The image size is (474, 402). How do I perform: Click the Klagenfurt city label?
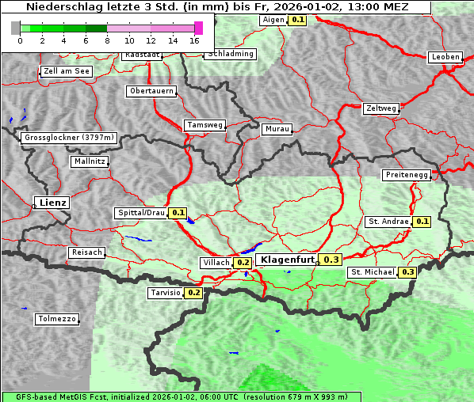(x=287, y=260)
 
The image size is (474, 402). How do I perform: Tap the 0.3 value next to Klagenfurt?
(x=331, y=260)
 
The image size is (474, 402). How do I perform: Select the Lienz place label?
(x=52, y=203)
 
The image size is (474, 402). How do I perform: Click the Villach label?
(x=216, y=262)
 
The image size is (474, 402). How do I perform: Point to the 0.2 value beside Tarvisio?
(x=193, y=293)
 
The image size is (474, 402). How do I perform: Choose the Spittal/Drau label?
(x=140, y=213)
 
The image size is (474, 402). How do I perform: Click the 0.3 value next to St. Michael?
(x=408, y=272)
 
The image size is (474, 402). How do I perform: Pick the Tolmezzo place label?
(x=57, y=320)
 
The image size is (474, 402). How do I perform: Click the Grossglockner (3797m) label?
(x=69, y=138)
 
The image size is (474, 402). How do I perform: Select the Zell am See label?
(x=67, y=71)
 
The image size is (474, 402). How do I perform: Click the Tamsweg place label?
(x=205, y=125)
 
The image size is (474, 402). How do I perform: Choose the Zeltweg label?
(x=381, y=108)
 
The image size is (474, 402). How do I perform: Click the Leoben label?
(x=445, y=57)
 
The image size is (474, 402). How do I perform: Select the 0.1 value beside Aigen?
(x=297, y=19)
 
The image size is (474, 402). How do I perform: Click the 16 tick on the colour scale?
(x=194, y=40)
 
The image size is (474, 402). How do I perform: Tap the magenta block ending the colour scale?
(x=198, y=28)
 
